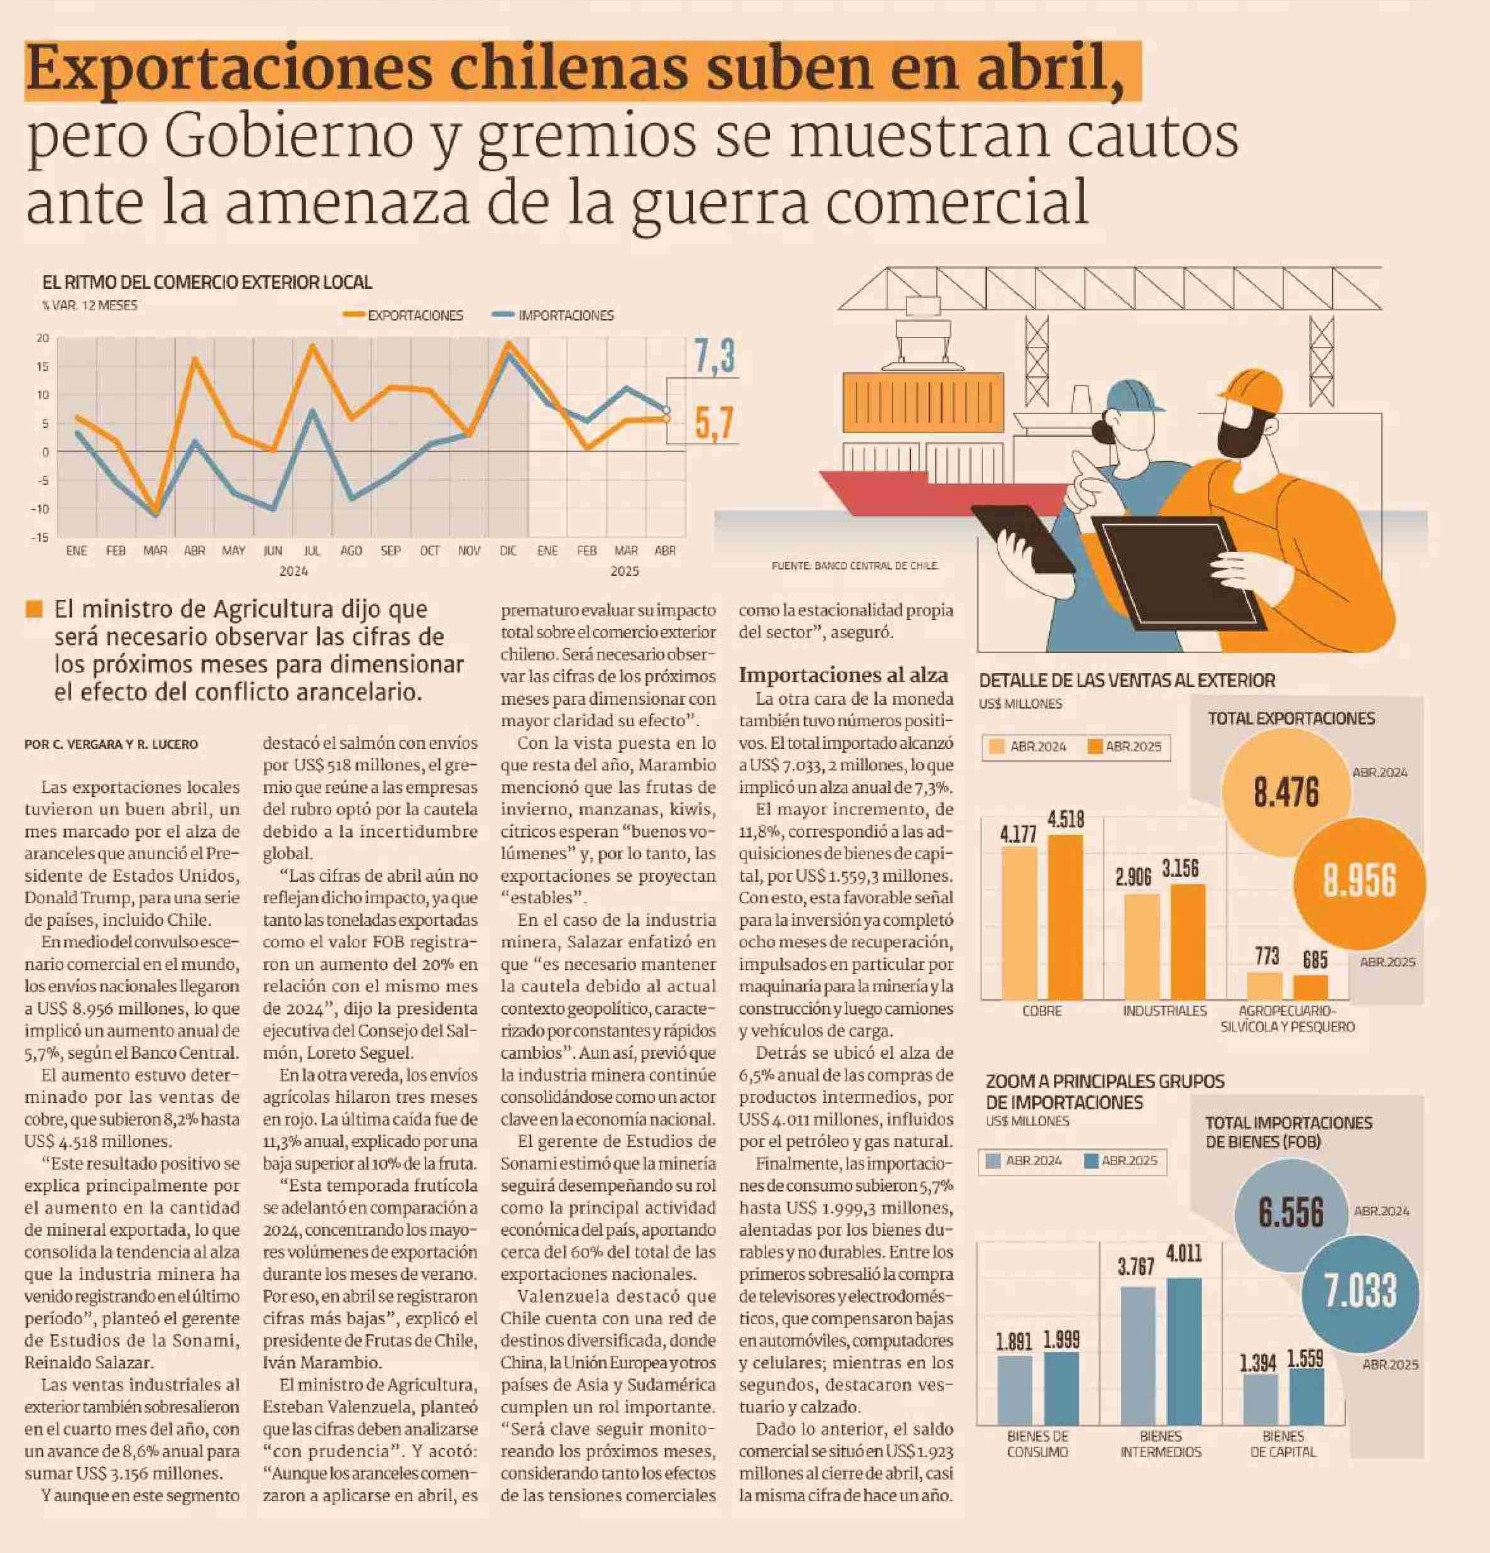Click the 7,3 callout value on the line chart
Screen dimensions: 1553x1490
[714, 357]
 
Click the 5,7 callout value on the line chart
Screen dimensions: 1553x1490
[714, 422]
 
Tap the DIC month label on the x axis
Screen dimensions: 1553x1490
[508, 551]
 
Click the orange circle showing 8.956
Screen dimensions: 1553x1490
[1359, 881]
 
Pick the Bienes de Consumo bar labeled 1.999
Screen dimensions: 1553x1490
[1061, 1387]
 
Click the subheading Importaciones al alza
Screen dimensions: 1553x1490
[843, 675]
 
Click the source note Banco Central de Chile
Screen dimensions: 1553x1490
[855, 566]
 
